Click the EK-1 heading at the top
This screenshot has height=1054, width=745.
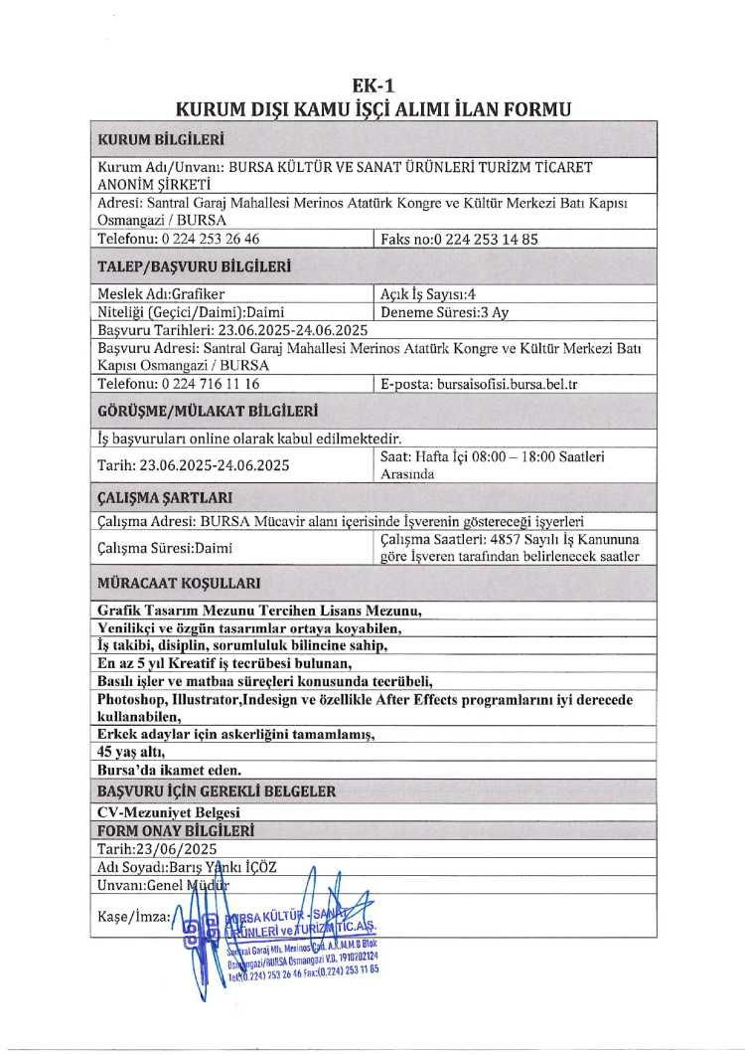pos(372,88)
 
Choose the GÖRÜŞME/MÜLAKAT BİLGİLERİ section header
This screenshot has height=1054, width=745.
pos(208,411)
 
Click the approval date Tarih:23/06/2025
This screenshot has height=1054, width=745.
pos(157,849)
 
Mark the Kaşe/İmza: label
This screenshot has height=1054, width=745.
pos(134,915)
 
